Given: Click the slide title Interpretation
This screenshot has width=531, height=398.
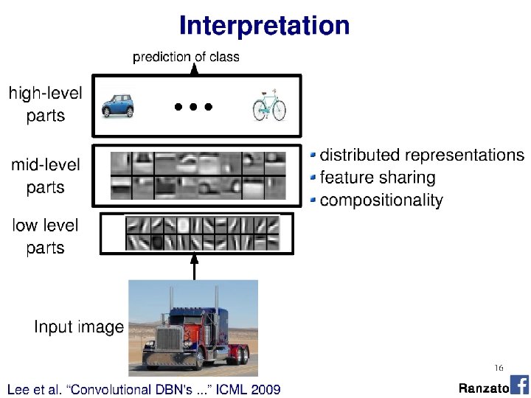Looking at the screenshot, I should pyautogui.click(x=264, y=26).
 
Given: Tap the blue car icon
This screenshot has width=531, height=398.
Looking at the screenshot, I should pyautogui.click(x=119, y=105).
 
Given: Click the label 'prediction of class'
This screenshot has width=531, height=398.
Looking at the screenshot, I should pyautogui.click(x=186, y=57).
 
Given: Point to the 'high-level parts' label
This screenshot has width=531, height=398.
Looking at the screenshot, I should pyautogui.click(x=46, y=105).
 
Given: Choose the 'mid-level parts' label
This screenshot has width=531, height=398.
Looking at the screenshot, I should pyautogui.click(x=46, y=176).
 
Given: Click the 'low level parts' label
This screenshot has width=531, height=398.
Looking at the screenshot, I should pyautogui.click(x=46, y=236).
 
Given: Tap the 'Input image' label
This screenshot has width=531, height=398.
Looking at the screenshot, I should pyautogui.click(x=79, y=327).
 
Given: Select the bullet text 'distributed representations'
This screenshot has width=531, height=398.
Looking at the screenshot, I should pyautogui.click(x=422, y=156).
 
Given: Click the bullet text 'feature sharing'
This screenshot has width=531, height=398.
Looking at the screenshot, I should pyautogui.click(x=378, y=178).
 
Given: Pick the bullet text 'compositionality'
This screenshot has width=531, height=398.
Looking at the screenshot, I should pyautogui.click(x=381, y=200).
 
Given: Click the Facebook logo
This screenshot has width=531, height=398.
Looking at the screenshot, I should pyautogui.click(x=519, y=385).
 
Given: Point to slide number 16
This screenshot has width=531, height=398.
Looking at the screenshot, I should pyautogui.click(x=499, y=368).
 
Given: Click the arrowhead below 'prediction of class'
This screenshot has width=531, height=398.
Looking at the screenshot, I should pyautogui.click(x=195, y=69).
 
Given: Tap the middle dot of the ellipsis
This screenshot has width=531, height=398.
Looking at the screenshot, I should pyautogui.click(x=193, y=107).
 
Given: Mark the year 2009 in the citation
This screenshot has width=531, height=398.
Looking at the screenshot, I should pyautogui.click(x=264, y=388).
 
